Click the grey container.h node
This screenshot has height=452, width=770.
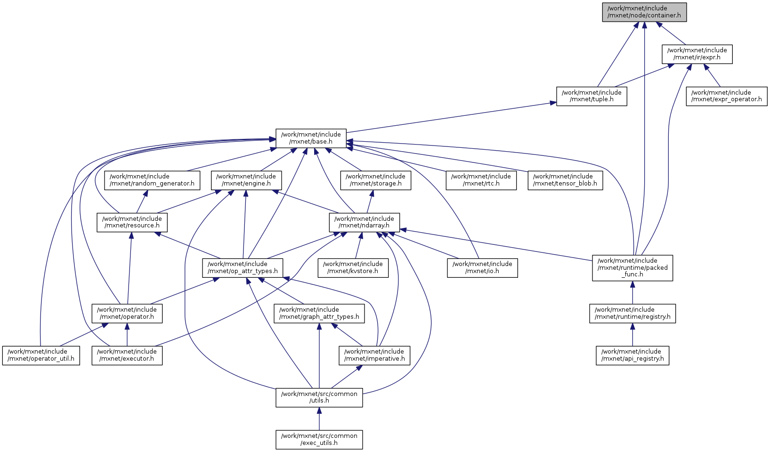coord(644,12)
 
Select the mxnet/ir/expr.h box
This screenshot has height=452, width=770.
coord(697,54)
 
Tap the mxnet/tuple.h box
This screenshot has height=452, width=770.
coord(592,96)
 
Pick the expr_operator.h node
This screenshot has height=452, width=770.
coord(726,96)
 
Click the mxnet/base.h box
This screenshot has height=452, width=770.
coord(311,138)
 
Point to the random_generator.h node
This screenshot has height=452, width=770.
coord(152,180)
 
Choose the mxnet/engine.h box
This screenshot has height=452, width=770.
coord(246,180)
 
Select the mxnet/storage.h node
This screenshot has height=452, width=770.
coord(375,180)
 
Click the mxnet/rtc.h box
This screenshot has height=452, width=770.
coord(481,180)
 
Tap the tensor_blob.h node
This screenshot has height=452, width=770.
coord(565,180)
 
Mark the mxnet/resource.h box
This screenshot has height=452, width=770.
coord(132,222)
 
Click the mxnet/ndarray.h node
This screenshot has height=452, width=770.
coord(364,222)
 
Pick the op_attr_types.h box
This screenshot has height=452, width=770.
coord(243,267)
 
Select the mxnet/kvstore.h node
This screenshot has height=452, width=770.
coord(353,267)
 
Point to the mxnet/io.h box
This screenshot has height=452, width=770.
coord(482,267)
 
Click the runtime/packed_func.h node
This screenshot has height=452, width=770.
coord(632,267)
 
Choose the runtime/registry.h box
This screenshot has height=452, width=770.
coord(632,313)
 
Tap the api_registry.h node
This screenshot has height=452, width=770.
coord(632,355)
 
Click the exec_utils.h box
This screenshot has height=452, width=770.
coord(319,439)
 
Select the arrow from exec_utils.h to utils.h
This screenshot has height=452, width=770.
coord(319,419)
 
